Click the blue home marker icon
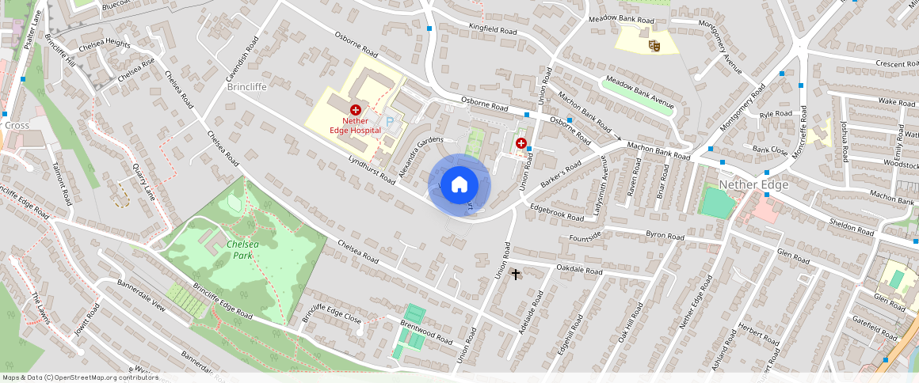[459, 185]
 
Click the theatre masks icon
[654, 46]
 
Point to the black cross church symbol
[516, 275]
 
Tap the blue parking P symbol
[390, 123]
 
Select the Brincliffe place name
[246, 86]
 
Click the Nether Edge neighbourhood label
[753, 184]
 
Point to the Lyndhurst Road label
[372, 169]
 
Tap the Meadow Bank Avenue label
[639, 93]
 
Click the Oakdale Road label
[579, 271]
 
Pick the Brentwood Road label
[426, 333]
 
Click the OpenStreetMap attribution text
[81, 377]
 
